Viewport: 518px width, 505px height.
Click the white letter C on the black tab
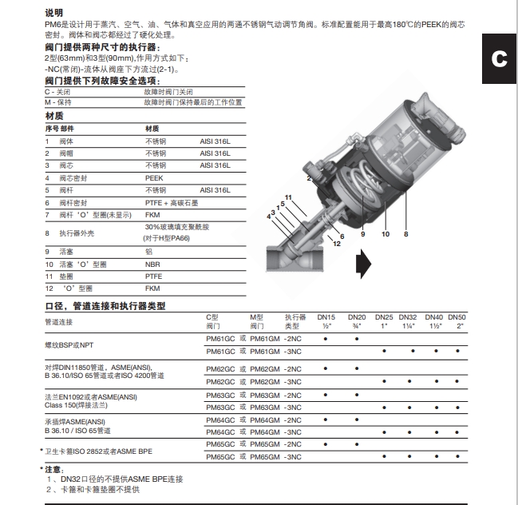[499, 58]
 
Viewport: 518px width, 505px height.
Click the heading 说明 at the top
[53, 13]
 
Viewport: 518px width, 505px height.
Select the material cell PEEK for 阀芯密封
[153, 177]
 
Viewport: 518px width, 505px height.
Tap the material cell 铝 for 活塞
[148, 252]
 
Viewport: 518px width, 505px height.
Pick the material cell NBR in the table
[152, 264]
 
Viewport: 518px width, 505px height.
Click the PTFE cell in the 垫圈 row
[153, 276]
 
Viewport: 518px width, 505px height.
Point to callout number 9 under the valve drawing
[362, 234]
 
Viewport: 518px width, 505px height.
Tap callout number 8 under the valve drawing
[405, 234]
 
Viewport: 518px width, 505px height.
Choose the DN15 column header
[326, 321]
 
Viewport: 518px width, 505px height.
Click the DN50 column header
[460, 321]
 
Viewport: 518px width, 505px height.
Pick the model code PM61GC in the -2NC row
[220, 339]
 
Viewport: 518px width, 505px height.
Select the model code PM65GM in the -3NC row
[264, 456]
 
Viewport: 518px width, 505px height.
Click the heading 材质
[53, 117]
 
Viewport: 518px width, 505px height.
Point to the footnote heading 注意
[53, 469]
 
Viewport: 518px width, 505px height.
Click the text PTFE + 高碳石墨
[172, 202]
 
